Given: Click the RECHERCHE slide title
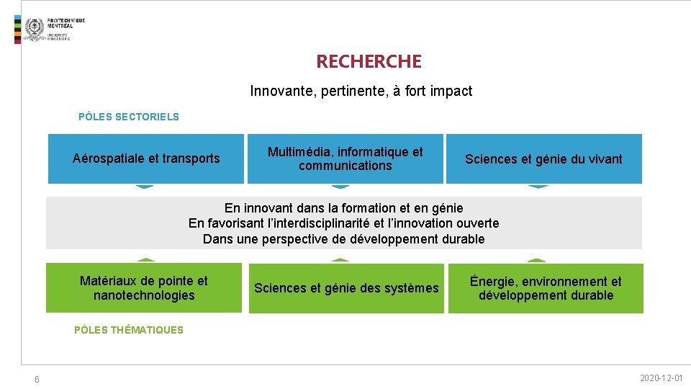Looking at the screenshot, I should pyautogui.click(x=369, y=62).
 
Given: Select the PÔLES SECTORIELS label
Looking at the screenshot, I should pyautogui.click(x=128, y=117).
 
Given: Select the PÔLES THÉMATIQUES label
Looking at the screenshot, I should pyautogui.click(x=128, y=330).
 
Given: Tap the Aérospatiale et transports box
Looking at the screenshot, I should pyautogui.click(x=146, y=158).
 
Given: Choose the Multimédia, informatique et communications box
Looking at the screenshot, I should pyautogui.click(x=345, y=158).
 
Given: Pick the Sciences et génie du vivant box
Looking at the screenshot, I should pyautogui.click(x=543, y=158).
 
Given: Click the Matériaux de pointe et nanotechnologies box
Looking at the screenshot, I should pyautogui.click(x=144, y=288).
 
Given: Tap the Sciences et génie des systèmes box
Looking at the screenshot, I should pyautogui.click(x=345, y=288).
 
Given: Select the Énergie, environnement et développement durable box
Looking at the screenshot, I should pyautogui.click(x=546, y=288).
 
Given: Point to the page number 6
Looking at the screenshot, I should pyautogui.click(x=37, y=380).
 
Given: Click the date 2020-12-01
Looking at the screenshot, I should pyautogui.click(x=661, y=378).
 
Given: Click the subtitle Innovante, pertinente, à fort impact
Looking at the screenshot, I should pyautogui.click(x=361, y=91).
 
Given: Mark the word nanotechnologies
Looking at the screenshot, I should pyautogui.click(x=144, y=295).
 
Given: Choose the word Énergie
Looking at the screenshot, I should pyautogui.click(x=493, y=282).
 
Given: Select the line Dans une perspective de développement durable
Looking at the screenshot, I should pyautogui.click(x=344, y=239).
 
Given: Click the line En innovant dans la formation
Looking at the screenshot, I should pyautogui.click(x=344, y=208).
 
